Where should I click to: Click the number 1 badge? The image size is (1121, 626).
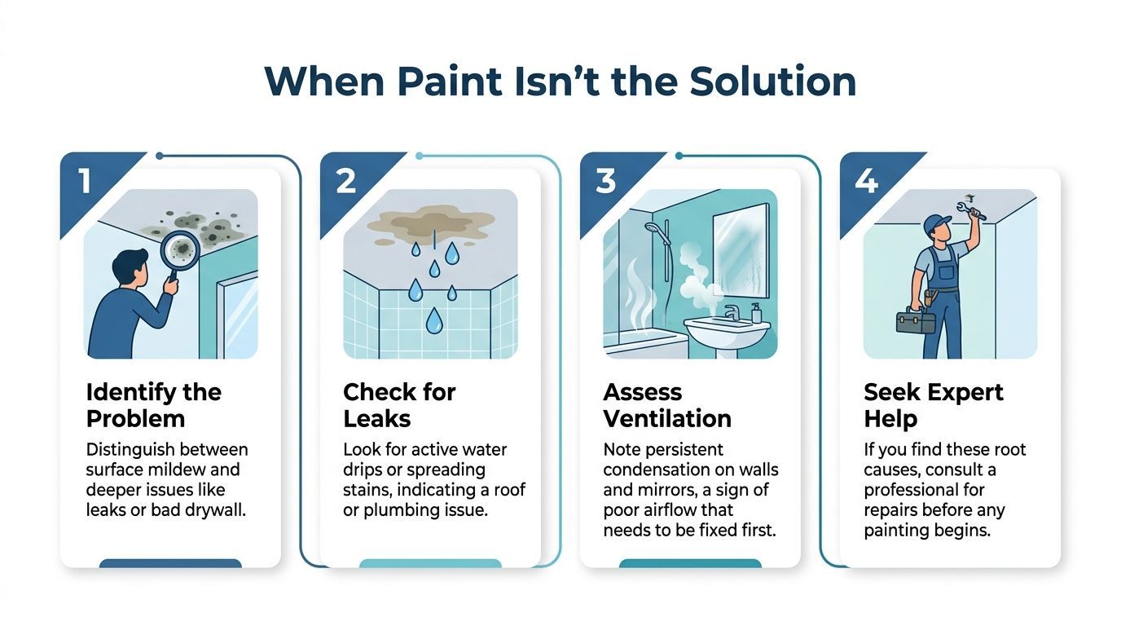point(85,182)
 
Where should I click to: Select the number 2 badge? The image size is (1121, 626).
point(345,182)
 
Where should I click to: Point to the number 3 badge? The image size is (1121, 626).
point(605,182)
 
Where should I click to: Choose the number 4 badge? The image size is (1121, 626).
point(866,182)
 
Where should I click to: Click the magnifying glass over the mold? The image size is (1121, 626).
point(179,249)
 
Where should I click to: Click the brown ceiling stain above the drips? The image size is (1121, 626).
point(431,221)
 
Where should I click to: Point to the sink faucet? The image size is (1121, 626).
point(731,312)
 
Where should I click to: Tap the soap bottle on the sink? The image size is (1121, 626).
point(756,312)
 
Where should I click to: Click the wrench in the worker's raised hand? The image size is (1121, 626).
point(975,209)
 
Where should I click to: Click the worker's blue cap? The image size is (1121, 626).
point(937,222)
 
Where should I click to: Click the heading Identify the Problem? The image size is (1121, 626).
point(153,405)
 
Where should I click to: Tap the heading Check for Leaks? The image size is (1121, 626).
point(399,405)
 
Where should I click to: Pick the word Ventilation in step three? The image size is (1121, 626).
point(666,419)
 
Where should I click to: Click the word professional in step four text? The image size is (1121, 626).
point(924,490)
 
